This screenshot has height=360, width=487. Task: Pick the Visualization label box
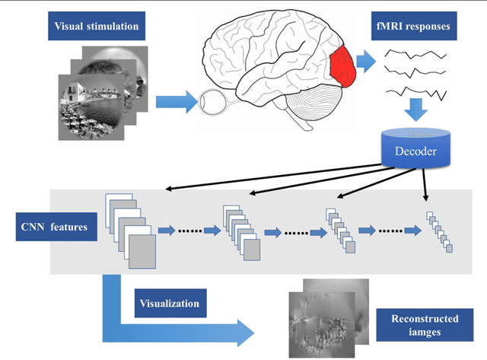click(168, 304)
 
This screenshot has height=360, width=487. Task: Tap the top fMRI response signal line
click(414, 56)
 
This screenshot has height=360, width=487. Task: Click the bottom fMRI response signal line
click(414, 93)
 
